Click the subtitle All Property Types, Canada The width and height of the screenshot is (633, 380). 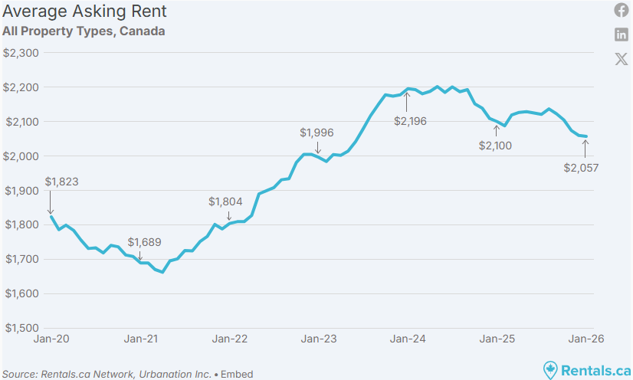(84, 31)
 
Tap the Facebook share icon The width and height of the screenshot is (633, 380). (622, 10)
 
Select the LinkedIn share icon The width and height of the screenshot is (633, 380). (622, 34)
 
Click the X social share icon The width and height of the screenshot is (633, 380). (622, 59)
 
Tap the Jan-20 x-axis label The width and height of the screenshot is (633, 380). (51, 338)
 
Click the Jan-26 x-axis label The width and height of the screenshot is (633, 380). (585, 338)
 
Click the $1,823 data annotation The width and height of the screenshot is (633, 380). (62, 182)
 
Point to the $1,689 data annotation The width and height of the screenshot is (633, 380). (145, 242)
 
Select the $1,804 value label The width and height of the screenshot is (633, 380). (225, 201)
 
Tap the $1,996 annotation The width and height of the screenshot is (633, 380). (317, 133)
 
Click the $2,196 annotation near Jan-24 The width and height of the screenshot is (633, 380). (410, 121)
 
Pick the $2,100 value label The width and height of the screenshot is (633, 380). (495, 146)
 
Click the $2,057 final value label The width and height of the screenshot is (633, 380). (581, 168)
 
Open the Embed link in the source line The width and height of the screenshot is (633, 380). (237, 375)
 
